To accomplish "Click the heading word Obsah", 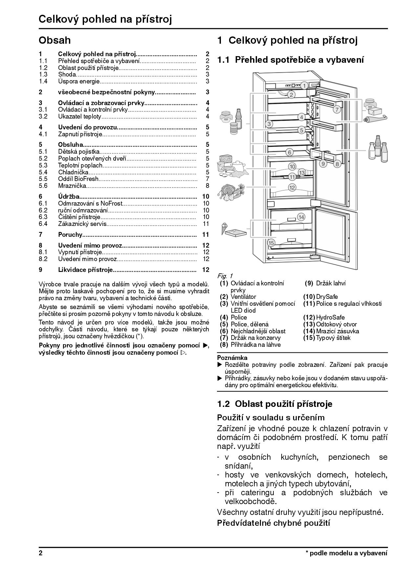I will coord(54,40).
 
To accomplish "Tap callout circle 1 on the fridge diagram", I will coord(304,86).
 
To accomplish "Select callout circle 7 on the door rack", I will coord(337,110).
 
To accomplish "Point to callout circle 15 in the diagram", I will coord(271,243).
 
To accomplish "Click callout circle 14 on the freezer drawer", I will coord(301,217).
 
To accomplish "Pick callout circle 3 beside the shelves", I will coord(269,124).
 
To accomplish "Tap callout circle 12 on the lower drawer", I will coord(292,188).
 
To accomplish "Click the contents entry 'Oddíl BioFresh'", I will coord(78,179).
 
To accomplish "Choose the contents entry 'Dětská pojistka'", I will coord(79,151).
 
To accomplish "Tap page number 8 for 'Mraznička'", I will coord(207,186).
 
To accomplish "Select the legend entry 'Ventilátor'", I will coord(243,297).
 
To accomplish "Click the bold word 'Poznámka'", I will coord(232,358).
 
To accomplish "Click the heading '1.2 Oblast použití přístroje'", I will coord(275,404).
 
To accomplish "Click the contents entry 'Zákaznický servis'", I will coord(82,224).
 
